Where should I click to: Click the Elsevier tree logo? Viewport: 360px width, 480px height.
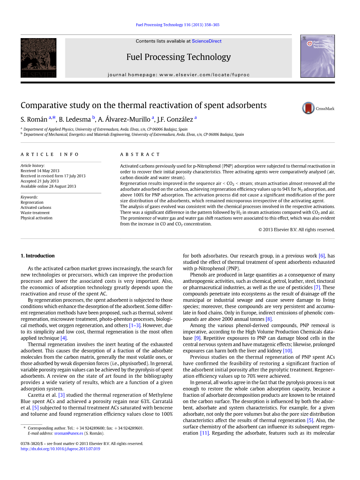click(39, 58)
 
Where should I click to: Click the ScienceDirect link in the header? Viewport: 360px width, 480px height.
click(207, 41)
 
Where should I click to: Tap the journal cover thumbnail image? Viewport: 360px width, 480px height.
click(317, 56)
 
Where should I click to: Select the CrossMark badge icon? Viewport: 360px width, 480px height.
click(308, 108)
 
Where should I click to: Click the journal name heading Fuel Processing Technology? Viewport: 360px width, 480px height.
click(178, 57)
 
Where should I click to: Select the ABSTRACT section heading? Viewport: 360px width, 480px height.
click(140, 154)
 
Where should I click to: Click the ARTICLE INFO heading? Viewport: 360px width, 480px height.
click(50, 154)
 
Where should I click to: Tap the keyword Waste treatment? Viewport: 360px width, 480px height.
click(35, 213)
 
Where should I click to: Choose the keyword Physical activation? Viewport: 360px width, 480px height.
click(36, 218)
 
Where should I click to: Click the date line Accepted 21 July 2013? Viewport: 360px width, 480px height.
click(40, 181)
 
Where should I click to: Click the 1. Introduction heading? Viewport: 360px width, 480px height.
click(37, 256)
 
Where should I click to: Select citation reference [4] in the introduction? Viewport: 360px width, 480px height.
click(63, 338)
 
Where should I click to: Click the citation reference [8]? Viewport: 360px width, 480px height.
click(269, 319)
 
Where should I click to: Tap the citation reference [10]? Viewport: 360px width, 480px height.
click(287, 350)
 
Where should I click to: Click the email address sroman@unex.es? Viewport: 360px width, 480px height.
click(68, 433)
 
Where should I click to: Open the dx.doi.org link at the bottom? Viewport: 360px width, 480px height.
click(60, 448)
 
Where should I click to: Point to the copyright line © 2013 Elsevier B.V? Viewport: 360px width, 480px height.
click(296, 229)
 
